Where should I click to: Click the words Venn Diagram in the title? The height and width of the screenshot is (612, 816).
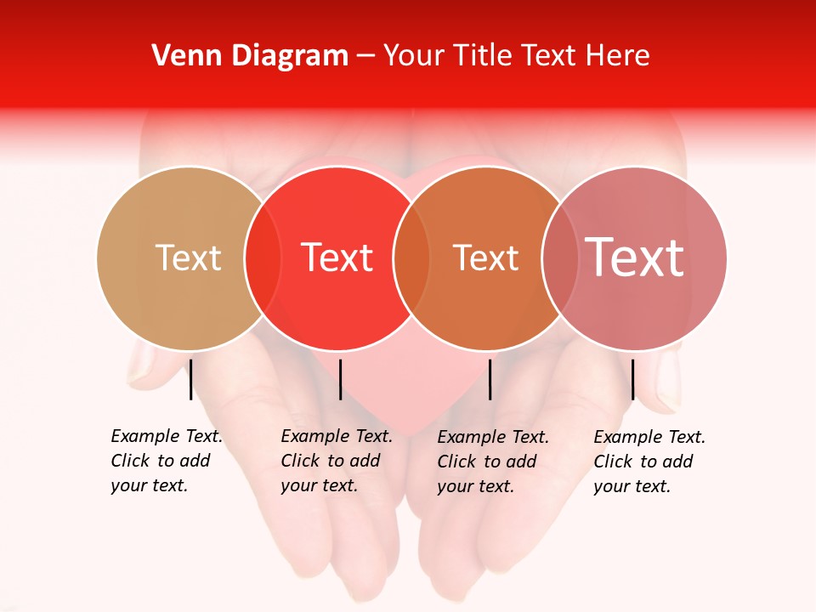[x=250, y=56]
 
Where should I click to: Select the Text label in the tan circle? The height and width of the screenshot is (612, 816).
[x=188, y=258]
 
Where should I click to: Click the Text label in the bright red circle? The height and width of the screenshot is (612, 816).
[x=337, y=258]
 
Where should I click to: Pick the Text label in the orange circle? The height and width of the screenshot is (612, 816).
[x=485, y=258]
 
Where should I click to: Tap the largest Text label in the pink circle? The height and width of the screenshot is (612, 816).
[x=634, y=257]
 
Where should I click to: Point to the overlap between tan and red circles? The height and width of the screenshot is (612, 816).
[x=263, y=258]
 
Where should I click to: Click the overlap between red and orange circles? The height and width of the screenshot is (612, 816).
[x=411, y=258]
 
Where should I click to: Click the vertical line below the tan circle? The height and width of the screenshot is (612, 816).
[x=191, y=379]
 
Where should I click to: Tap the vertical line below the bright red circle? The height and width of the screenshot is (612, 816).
[x=340, y=379]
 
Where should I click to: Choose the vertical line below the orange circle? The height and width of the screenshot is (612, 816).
[x=490, y=379]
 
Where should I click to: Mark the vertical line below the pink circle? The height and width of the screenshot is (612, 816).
[x=633, y=379]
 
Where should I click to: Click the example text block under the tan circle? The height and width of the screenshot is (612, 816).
[x=166, y=461]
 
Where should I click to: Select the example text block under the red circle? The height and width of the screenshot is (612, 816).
[x=336, y=461]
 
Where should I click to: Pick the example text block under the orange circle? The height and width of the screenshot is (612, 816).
[x=492, y=462]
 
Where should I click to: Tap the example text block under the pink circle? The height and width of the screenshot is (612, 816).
[x=649, y=462]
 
